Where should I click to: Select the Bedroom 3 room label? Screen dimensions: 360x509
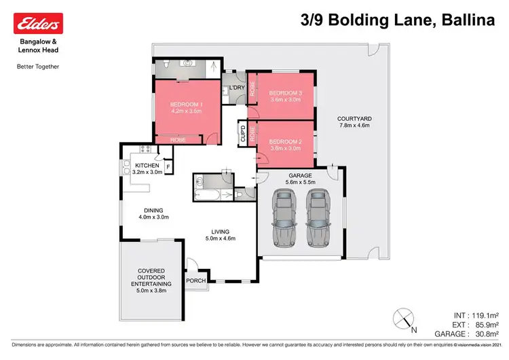(285, 96)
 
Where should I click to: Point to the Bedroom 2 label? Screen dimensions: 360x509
(285, 145)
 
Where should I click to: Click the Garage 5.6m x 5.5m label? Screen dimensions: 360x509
(299, 178)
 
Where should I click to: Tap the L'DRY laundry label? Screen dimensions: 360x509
(237, 88)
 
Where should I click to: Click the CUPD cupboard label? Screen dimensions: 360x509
(242, 133)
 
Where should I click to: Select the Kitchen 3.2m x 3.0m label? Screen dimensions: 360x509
(147, 168)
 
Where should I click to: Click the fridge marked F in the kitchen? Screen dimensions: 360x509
(168, 165)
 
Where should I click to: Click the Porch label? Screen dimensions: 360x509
(196, 281)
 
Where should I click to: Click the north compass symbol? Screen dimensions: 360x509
(403, 318)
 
